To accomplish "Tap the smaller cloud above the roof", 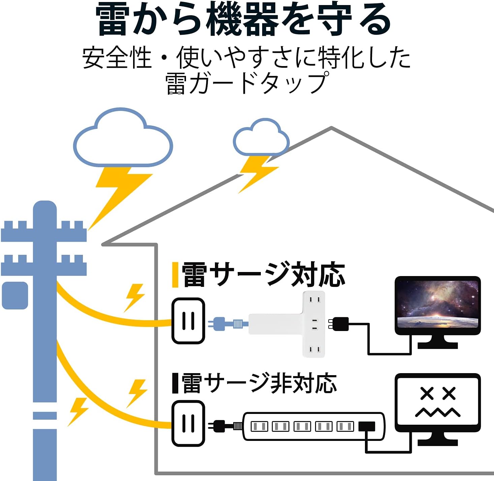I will pos(261,138).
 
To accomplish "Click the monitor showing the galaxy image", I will pos(437,305).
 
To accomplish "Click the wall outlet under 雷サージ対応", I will pos(188,321).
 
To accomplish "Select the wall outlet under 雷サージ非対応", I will pos(188,423).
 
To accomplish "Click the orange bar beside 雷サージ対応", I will pos(175,275).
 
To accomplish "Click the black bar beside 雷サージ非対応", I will pos(175,383).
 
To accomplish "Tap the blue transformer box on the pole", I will pos(15,295).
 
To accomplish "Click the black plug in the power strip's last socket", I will pos(367,427).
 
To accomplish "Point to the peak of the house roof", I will pos(331,128).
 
